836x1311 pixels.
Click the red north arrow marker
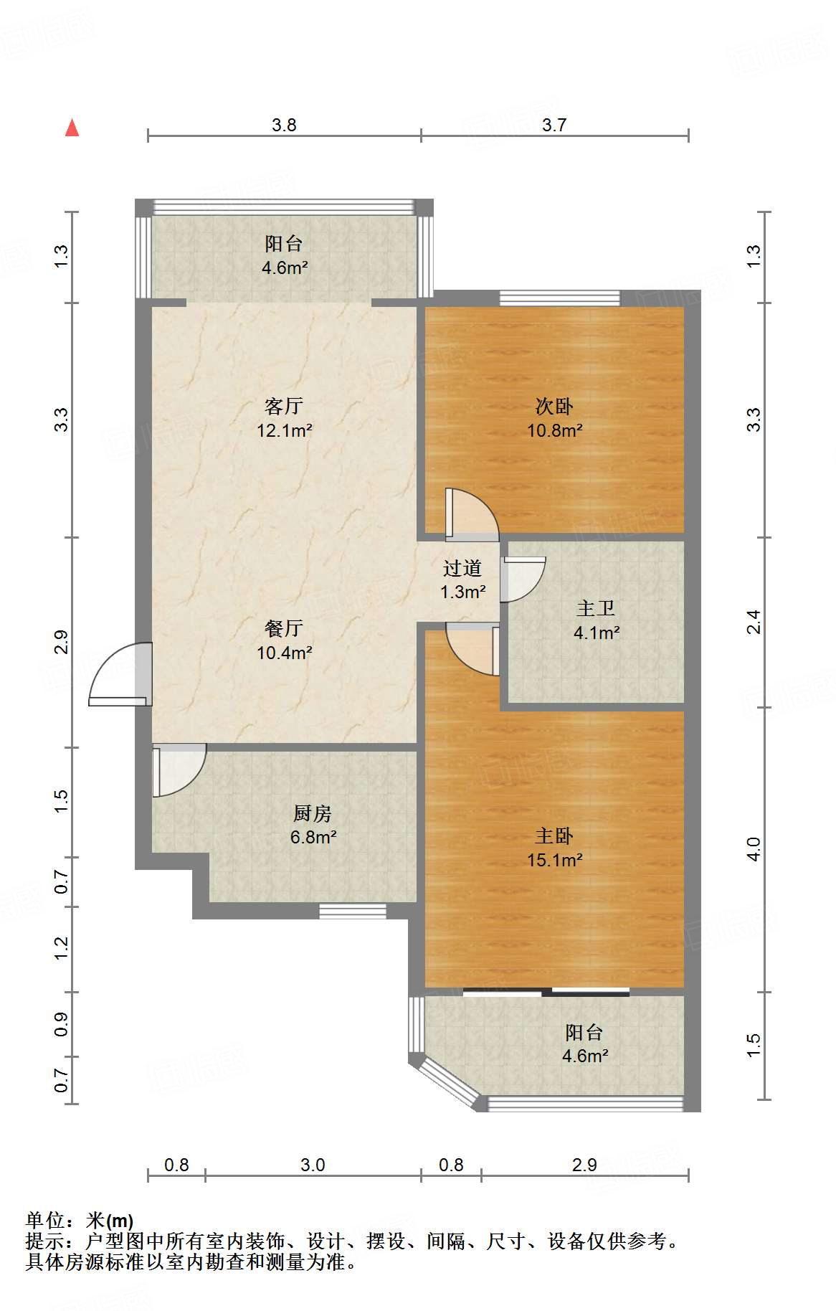coord(72,128)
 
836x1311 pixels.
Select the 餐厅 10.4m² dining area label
coord(284,640)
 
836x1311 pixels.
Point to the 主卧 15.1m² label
coord(554,848)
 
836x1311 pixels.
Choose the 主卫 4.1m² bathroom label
coord(596,620)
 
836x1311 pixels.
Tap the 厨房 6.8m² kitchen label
coord(313,825)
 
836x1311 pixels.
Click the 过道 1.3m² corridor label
coord(462,579)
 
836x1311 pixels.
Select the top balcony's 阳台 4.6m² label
coord(284,255)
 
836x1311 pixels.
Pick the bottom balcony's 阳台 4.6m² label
coord(584,1043)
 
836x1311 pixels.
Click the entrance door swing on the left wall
coord(119,674)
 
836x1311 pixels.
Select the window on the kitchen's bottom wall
coord(352,911)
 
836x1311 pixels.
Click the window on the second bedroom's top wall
coord(559,298)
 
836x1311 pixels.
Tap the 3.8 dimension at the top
coord(284,126)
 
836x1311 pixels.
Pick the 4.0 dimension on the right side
coord(753,849)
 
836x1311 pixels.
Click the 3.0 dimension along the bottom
coord(313,1165)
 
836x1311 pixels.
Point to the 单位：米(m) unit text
coord(80,1220)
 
